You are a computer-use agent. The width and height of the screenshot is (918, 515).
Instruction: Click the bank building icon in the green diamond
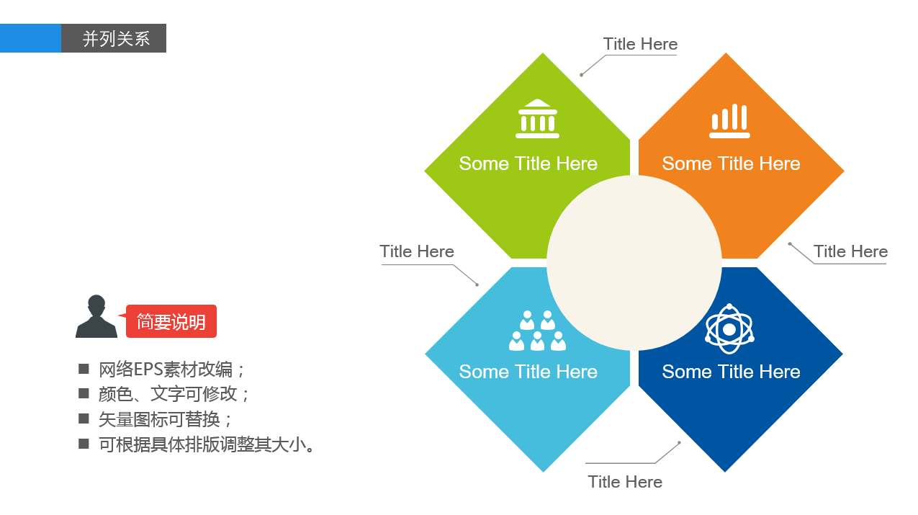coord(537,119)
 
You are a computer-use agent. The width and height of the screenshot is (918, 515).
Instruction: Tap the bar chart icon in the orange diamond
coord(729,120)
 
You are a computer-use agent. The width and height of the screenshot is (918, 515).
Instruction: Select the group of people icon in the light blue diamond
coord(537,331)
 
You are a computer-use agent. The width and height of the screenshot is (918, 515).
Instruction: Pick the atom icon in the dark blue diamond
coord(729,329)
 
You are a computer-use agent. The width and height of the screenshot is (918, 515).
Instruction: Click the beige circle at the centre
coord(634,263)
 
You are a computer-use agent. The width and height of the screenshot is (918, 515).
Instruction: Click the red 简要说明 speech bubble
coord(171,321)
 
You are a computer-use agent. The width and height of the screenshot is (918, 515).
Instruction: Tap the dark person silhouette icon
coord(96,316)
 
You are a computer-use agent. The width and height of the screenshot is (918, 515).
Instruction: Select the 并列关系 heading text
coord(116,39)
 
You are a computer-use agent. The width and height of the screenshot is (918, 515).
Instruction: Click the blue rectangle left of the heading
coord(30,38)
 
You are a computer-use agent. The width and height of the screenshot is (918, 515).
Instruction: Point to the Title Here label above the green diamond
coord(640,44)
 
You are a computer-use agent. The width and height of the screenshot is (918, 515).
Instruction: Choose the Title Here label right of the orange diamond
coord(850,251)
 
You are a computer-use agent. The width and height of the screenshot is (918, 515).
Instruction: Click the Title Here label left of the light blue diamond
coord(417,251)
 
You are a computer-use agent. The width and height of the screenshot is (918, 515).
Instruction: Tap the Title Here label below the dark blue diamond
coord(625,482)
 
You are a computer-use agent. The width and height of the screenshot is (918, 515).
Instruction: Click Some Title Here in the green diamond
coord(528,164)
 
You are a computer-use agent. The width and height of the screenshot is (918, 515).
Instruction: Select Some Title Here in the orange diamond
coord(731,164)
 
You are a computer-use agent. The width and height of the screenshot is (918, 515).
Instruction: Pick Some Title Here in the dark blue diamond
coord(731,372)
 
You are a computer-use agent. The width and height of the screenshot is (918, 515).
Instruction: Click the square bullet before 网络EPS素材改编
coord(84,369)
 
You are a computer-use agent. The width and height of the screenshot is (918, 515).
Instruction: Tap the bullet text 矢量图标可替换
coord(165,419)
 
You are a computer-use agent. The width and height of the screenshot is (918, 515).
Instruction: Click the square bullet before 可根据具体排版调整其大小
coord(84,444)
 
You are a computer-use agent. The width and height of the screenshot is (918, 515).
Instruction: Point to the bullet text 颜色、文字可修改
coord(174,394)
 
